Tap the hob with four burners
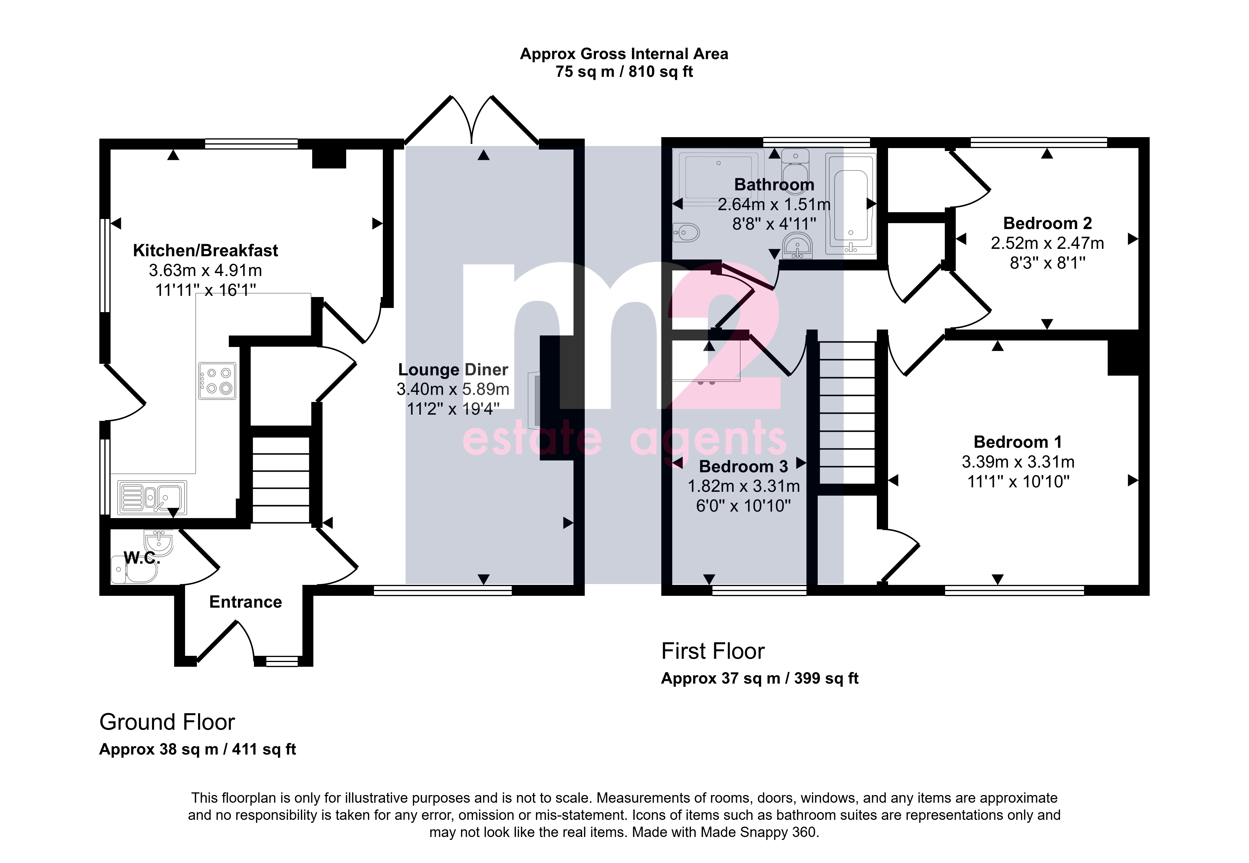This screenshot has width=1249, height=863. (x=217, y=381)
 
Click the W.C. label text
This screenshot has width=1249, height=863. (x=142, y=558)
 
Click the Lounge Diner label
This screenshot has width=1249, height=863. (x=453, y=369)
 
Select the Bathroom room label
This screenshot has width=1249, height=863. (x=774, y=184)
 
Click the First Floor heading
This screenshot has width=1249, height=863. (x=713, y=651)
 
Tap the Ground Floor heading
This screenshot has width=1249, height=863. (x=167, y=722)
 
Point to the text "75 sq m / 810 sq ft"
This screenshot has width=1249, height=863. (x=624, y=72)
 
